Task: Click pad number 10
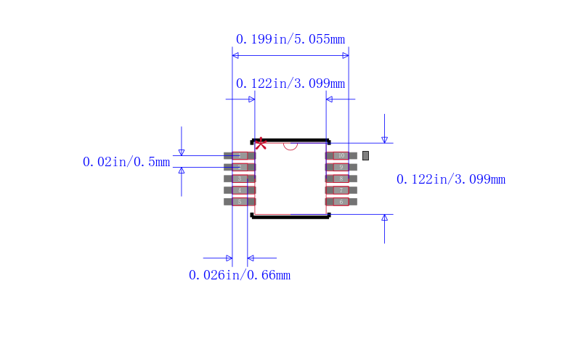341,155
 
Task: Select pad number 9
341,167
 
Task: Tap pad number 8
341,179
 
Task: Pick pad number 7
341,190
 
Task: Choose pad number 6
341,202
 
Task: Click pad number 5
240,202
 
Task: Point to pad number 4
240,190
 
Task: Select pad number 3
240,179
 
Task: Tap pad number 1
240,155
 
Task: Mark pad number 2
240,167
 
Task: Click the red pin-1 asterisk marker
261,144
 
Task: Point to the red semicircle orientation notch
290,145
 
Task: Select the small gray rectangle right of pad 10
365,155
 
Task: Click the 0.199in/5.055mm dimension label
290,39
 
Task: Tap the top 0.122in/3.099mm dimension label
290,83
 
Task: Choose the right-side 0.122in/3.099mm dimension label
450,179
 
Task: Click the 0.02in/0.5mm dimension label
126,162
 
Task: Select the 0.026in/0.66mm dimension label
240,275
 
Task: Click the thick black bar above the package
290,140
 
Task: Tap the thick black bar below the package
290,216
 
